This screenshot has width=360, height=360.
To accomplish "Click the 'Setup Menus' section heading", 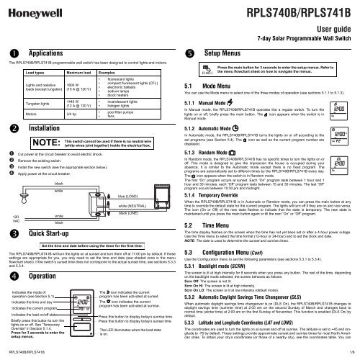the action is [228, 53].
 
